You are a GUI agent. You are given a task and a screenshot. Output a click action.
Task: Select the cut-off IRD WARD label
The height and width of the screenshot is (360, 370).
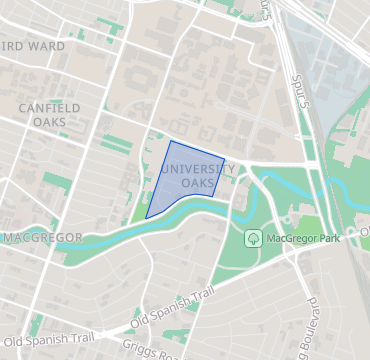tap(34, 46)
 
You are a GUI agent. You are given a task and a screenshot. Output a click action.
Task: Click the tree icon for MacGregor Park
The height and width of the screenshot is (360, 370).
tap(253, 238)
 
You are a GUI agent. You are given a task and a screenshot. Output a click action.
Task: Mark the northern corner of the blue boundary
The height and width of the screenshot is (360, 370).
tap(171, 141)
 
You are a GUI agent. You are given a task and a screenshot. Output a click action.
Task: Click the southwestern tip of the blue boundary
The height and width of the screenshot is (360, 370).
tap(146, 217)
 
